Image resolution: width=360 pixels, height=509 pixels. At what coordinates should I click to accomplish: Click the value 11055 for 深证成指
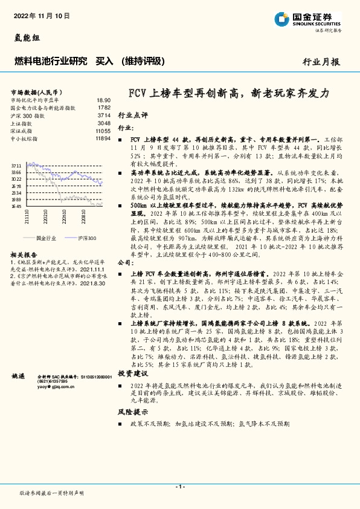pos(103,131)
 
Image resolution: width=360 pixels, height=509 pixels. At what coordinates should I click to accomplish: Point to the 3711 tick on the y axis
pos(17,165)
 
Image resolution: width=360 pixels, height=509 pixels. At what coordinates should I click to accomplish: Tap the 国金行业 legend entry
pos(44,238)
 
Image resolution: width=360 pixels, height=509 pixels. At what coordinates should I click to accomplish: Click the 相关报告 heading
pos(24,254)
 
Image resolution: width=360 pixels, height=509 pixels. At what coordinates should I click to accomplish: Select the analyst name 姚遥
pos(19,377)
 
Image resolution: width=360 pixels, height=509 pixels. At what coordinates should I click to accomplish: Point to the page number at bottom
pos(179,487)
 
